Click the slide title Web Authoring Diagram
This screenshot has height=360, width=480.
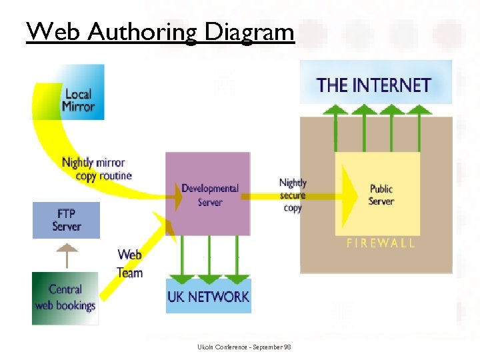160,31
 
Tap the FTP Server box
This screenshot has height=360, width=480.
67,220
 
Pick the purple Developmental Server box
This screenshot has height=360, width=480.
209,194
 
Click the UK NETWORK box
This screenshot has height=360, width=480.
209,297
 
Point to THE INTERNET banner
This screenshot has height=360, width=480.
375,85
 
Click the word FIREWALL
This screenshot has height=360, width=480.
381,243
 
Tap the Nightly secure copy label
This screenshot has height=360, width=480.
293,195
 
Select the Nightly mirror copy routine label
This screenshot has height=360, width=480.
96,169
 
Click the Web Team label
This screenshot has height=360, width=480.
130,263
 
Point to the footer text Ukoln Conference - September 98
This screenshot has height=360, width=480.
244,347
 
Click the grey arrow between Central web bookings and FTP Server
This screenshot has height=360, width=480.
67,255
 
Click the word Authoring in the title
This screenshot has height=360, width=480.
143,31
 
